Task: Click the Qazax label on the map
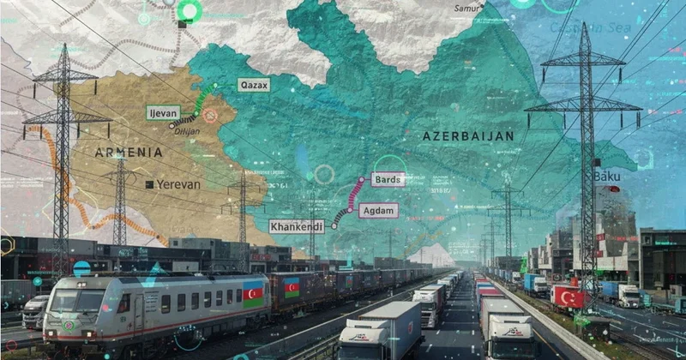click(254, 85)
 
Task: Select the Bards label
click(388, 179)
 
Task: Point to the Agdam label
click(379, 210)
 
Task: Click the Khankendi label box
click(297, 226)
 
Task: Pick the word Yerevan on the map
click(178, 184)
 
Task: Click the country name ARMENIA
click(129, 152)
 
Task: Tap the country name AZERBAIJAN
click(468, 136)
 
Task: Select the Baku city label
click(607, 176)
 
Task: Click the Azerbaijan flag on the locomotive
click(253, 294)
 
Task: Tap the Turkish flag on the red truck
click(568, 297)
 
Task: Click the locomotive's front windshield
click(78, 301)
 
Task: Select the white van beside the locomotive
click(35, 310)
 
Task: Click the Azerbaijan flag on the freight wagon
click(292, 288)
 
